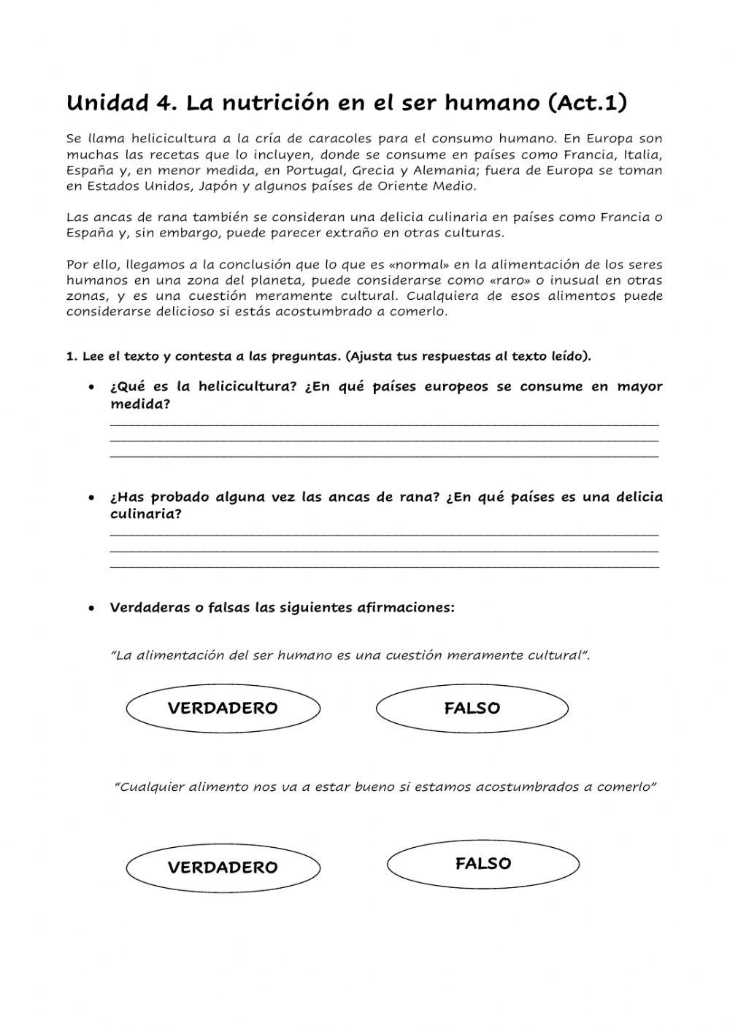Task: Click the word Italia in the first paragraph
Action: (644, 154)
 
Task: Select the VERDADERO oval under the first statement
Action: (223, 708)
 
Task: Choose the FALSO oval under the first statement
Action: (472, 708)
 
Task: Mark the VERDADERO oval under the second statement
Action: (223, 868)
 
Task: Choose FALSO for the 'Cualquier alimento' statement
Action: (483, 864)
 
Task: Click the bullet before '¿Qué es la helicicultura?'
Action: (91, 387)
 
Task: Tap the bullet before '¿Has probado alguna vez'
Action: (91, 498)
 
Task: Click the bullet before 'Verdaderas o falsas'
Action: (91, 608)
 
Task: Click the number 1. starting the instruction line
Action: (72, 357)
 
